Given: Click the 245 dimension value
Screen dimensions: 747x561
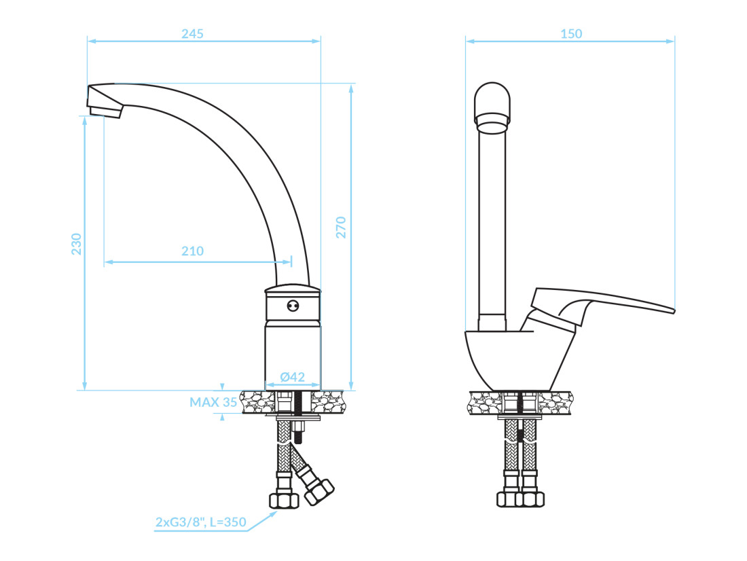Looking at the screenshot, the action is click(192, 34).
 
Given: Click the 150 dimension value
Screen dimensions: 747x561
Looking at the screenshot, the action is click(571, 34).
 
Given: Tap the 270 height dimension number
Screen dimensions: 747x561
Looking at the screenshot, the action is click(341, 228).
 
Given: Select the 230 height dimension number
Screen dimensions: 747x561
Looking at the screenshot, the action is click(76, 244).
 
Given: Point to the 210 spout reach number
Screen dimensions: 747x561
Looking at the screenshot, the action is click(192, 251).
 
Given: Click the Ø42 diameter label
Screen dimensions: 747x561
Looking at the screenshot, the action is click(293, 377).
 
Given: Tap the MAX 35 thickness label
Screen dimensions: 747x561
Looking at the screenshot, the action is click(213, 402).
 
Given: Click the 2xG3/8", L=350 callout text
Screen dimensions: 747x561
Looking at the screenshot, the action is click(201, 522).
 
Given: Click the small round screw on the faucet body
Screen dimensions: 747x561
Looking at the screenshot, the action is click(293, 306).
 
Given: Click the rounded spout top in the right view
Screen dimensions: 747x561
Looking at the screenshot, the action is click(492, 106).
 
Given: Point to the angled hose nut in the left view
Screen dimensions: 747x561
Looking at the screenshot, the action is click(318, 492).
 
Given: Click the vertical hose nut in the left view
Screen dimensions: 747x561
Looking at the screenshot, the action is click(284, 501).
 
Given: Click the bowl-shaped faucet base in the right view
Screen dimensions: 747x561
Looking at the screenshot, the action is click(520, 360).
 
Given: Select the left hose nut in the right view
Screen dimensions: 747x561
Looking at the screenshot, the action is click(508, 499).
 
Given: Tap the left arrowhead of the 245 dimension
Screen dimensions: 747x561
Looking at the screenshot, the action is click(92, 41).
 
